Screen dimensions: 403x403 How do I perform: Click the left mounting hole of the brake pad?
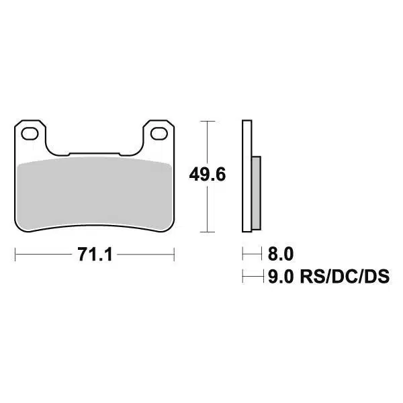click(x=29, y=134)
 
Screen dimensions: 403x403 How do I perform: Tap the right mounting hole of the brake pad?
click(x=160, y=134)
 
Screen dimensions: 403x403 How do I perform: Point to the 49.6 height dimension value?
click(x=206, y=176)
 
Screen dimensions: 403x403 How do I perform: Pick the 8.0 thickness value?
click(x=281, y=254)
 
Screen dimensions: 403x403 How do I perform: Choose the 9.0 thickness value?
click(x=281, y=275)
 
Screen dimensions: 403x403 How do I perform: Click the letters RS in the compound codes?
click(x=314, y=275)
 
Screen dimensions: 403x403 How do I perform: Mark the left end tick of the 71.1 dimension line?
click(x=15, y=255)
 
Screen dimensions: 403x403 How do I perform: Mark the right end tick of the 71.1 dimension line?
click(x=174, y=255)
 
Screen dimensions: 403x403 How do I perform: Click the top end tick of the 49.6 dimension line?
click(x=206, y=121)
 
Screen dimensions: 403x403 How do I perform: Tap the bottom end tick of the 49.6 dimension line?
click(x=206, y=232)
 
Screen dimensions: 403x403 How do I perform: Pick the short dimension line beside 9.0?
click(x=252, y=275)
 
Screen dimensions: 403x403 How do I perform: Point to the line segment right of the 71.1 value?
click(x=148, y=255)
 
